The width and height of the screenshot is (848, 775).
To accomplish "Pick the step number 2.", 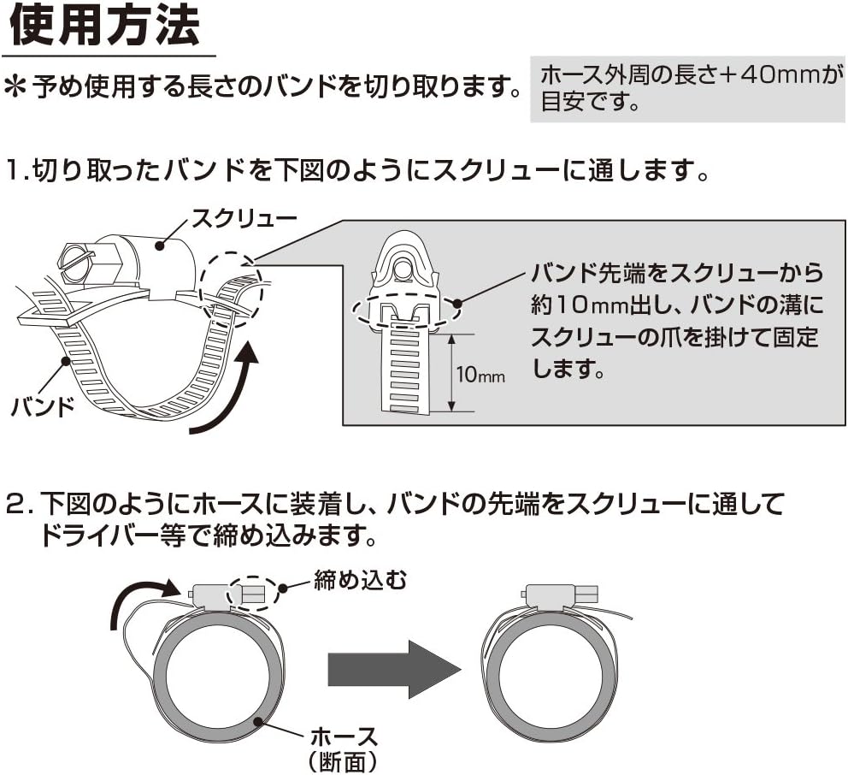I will pyautogui.click(x=16, y=505).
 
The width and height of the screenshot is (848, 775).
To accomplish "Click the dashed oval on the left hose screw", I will pyautogui.click(x=254, y=592).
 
